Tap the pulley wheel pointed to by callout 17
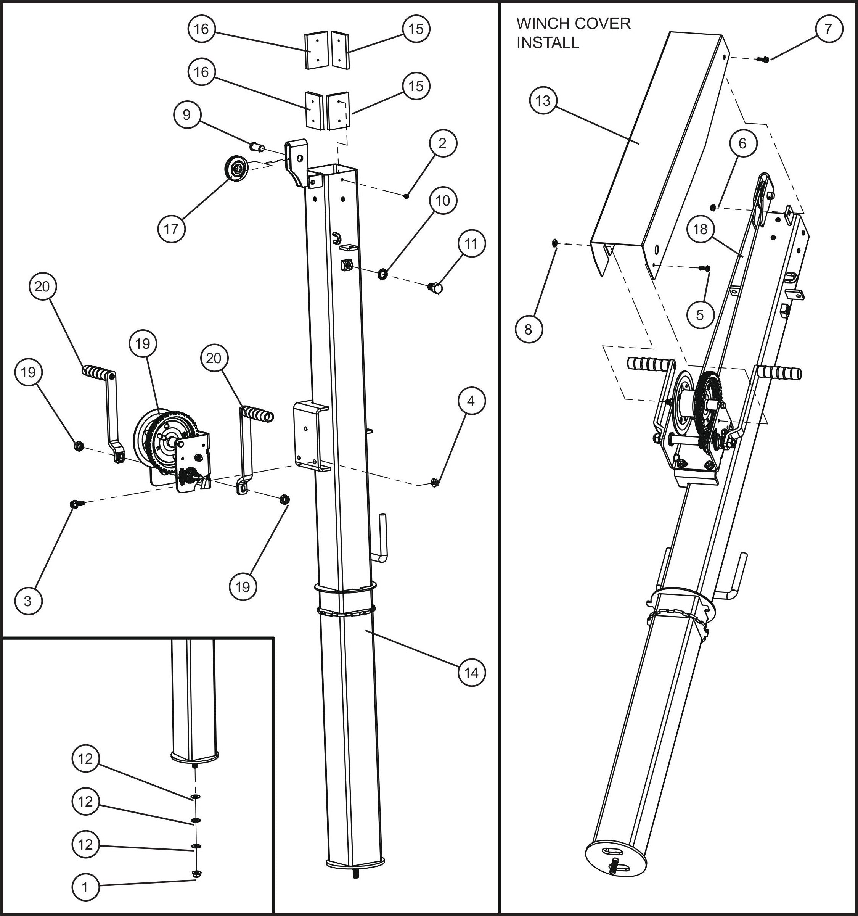click(236, 169)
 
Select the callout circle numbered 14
click(471, 673)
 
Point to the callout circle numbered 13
click(543, 100)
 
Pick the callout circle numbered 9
click(186, 114)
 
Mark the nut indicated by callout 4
click(434, 483)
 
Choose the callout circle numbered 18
click(700, 229)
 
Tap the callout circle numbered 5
click(700, 315)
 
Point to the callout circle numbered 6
click(742, 143)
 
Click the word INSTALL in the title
click(548, 42)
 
